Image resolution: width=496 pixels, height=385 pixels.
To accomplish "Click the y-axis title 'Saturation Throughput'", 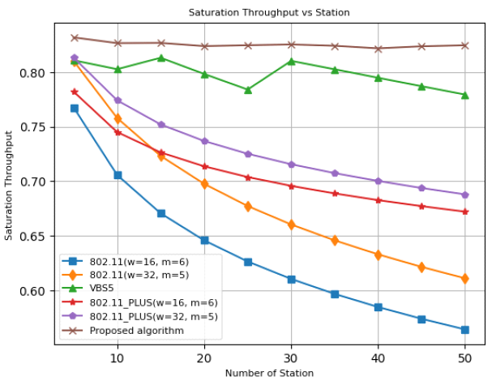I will coord(9,187).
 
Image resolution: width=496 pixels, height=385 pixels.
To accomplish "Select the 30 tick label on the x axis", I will coord(291,358).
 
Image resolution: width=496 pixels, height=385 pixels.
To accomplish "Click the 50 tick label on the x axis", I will coord(464,358).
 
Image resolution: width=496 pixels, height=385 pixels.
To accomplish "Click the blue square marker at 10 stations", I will coord(118,175).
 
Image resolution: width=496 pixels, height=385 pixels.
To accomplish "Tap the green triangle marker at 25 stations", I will coord(248,90).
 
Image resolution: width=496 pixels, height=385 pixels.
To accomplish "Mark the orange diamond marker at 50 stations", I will coord(464,278).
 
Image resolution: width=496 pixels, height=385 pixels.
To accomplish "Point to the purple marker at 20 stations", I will coord(204,141).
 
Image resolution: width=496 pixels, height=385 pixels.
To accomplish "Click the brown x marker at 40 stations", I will coord(378,49).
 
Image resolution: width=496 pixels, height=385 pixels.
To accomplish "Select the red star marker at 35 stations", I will coord(335,193).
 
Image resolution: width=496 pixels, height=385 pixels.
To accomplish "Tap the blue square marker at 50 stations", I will coord(464,330).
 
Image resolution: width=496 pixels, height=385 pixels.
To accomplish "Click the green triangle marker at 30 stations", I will coord(291,61).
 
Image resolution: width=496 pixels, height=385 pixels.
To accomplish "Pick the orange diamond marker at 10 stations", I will coord(118,118).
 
